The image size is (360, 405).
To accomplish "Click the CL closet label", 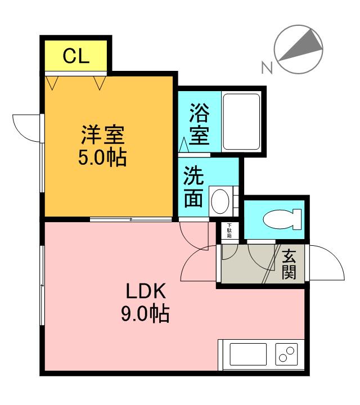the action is tap(76, 56).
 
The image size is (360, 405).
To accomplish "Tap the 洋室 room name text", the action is tap(103, 134).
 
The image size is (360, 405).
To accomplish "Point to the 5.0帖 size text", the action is tap(102, 157).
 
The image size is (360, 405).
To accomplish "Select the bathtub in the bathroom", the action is tap(241, 121).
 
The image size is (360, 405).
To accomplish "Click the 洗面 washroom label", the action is tap(193, 186).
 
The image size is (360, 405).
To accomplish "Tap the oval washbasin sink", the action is tap(220, 201).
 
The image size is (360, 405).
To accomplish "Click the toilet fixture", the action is tap(282, 219).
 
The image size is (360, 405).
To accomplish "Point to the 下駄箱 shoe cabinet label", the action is tap(229, 231).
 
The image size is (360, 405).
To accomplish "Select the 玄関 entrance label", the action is tap(289, 264).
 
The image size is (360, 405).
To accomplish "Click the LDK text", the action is tap(145, 291).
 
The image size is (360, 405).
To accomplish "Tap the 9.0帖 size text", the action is tap(145, 313).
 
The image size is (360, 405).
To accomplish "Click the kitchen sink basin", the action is tap(248, 354).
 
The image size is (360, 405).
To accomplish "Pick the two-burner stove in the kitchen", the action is tap(286, 354).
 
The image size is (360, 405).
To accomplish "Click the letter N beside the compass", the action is tap(267, 67).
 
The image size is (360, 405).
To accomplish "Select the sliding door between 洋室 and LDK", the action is tap(131, 219).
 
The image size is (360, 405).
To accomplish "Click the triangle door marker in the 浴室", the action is tap(184, 145).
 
